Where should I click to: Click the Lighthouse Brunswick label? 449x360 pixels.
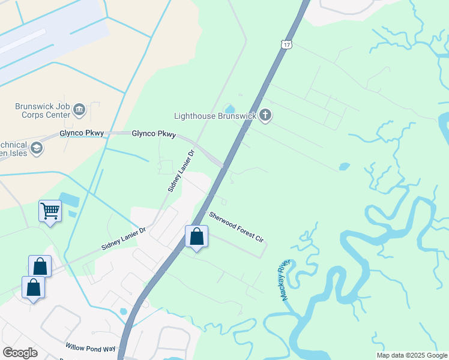[215, 116]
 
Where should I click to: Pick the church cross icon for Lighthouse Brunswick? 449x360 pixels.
[265, 115]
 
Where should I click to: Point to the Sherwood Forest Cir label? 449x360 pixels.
[236, 227]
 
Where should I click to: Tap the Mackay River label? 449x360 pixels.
[285, 280]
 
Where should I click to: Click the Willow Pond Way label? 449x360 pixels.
[90, 348]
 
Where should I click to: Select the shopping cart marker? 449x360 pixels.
[50, 211]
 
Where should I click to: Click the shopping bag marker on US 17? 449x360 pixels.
[196, 237]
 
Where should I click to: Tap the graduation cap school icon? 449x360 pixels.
[37, 148]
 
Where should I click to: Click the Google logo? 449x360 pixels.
[20, 353]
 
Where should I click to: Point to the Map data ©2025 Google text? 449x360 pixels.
[412, 355]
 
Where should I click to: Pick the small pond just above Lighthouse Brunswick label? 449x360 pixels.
[229, 108]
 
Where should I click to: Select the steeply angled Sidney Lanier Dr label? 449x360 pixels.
[182, 171]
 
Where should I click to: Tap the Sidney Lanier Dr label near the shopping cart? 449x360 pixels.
[123, 238]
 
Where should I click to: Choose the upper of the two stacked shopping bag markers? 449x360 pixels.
[40, 266]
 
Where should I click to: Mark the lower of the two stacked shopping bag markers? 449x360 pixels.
[33, 287]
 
